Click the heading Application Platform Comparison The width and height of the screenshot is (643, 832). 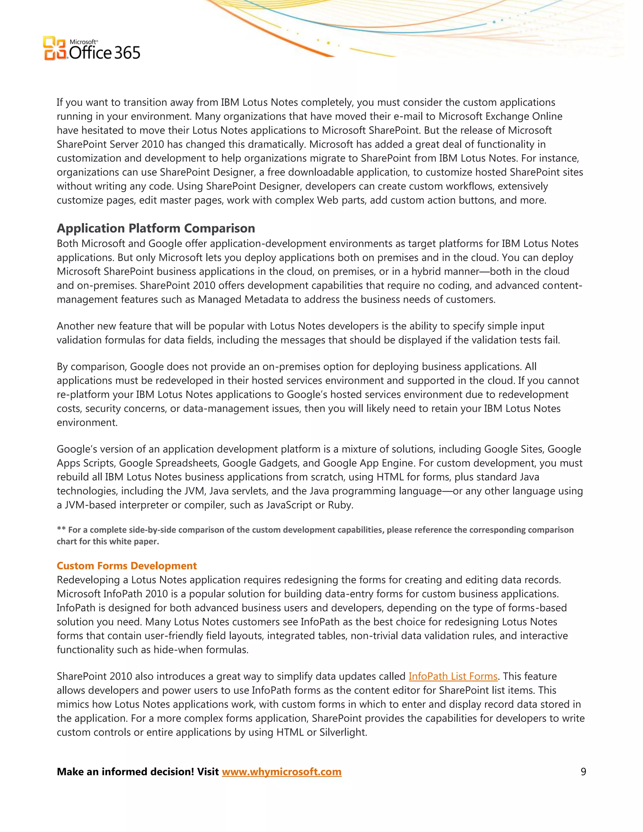pos(156,228)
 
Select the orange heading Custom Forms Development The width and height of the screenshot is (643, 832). pos(127,566)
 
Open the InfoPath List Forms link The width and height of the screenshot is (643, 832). pos(453,676)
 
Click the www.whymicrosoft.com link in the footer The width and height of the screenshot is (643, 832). pos(282,772)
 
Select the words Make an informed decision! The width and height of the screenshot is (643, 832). pos(125,772)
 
